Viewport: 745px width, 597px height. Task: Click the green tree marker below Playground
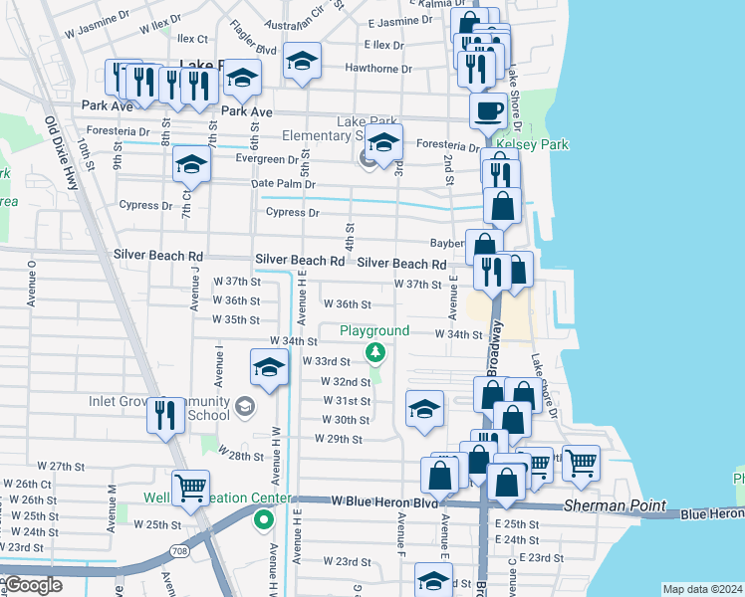[x=374, y=352]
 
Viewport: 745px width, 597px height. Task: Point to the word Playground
[x=374, y=330]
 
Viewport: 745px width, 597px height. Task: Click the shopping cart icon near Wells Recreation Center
[x=190, y=487]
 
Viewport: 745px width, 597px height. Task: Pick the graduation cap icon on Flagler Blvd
[x=302, y=61]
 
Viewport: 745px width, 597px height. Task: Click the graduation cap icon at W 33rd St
[x=268, y=367]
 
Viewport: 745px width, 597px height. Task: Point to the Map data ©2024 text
[x=701, y=589]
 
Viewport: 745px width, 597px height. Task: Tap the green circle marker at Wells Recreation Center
[x=264, y=518]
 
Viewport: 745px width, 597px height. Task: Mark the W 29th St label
[x=338, y=439]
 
